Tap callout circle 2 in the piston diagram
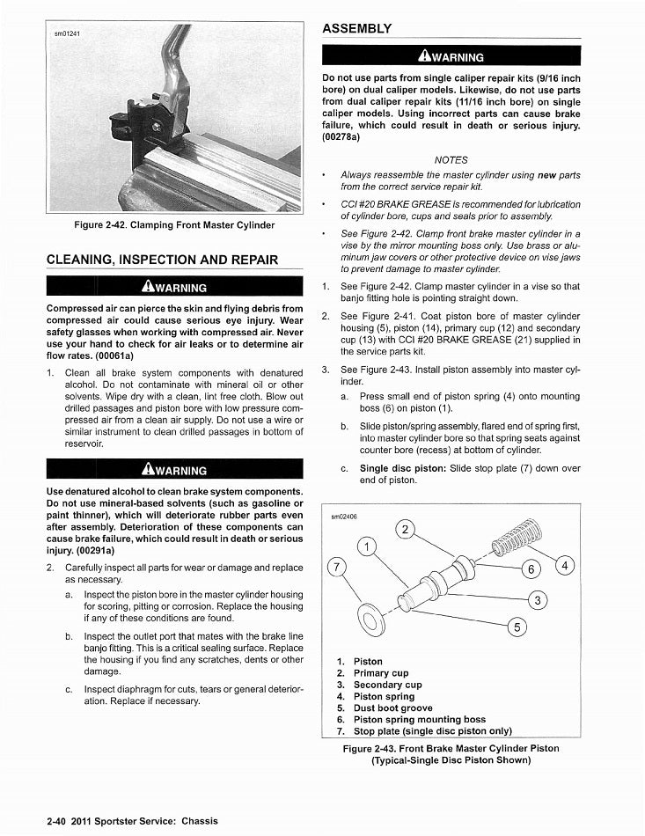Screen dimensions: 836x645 tap(404, 529)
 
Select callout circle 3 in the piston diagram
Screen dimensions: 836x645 tap(537, 601)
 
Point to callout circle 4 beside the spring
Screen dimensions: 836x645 tap(567, 564)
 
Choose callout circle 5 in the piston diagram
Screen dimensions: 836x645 tap(518, 627)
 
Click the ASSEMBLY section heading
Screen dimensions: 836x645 tap(356, 28)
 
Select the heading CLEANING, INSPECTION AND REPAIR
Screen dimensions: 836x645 tap(162, 260)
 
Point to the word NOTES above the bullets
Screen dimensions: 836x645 tap(451, 160)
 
